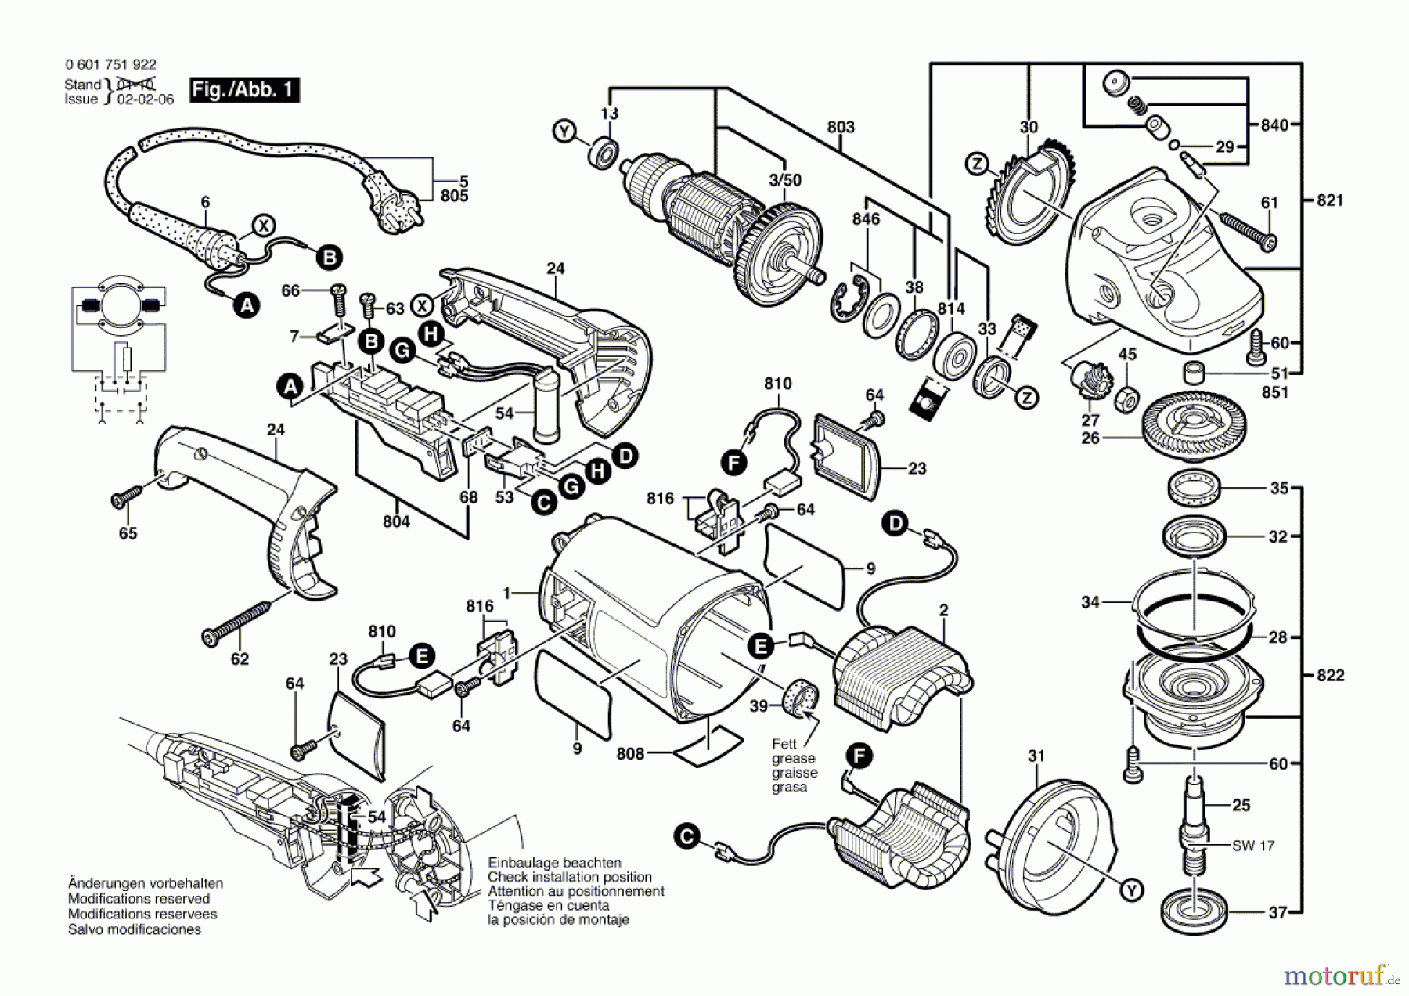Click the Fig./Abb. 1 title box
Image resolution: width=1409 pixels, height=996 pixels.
coord(244,89)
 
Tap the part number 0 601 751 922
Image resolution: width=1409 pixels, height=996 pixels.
coord(110,66)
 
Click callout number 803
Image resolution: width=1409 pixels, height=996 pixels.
coord(841,127)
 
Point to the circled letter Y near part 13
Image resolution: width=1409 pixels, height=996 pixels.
coord(564,131)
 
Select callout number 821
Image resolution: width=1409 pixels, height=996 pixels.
coord(1330,200)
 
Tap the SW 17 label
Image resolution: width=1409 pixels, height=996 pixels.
coord(1253,846)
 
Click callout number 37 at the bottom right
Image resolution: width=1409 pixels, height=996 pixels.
coord(1278,912)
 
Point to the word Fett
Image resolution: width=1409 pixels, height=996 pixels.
coord(784,744)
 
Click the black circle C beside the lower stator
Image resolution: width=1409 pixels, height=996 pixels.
coord(686,837)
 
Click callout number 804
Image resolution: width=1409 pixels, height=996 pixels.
coord(396,521)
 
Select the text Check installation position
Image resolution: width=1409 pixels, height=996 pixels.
coord(570,877)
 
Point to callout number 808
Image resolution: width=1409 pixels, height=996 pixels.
coord(630,753)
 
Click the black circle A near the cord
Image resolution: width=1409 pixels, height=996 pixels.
coord(247,305)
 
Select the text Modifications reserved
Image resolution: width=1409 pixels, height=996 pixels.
coord(139,899)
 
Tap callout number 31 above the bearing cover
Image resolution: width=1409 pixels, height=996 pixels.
coord(1036,756)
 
